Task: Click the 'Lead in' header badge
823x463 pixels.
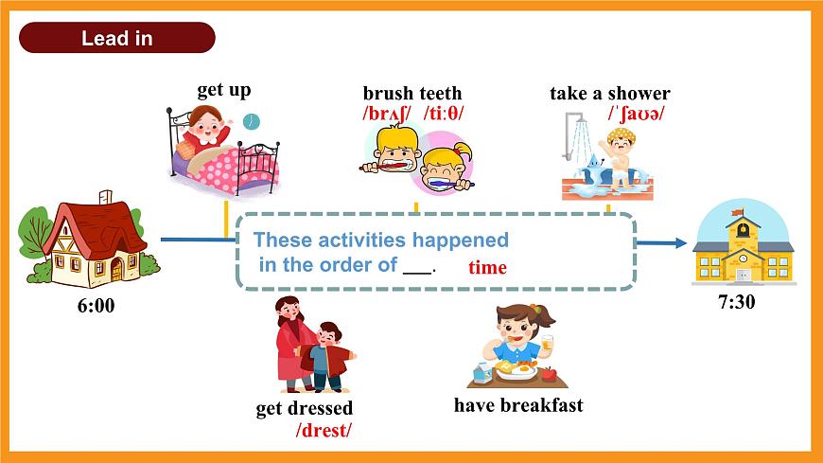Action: coord(117,39)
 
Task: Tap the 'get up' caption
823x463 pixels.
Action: coord(224,91)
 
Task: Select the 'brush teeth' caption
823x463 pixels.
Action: coord(412,93)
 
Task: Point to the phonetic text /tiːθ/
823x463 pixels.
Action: coord(445,114)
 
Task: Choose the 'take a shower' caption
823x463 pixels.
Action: coord(610,93)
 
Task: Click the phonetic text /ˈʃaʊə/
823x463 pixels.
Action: coord(636,114)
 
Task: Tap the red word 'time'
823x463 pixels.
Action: coord(487,268)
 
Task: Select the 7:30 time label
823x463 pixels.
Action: coord(737,301)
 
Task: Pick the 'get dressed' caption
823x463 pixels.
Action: coord(305,409)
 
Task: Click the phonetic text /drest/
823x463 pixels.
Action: coord(324,431)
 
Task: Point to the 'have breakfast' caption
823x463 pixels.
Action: coord(518,405)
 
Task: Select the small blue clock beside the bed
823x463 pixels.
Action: coord(251,121)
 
